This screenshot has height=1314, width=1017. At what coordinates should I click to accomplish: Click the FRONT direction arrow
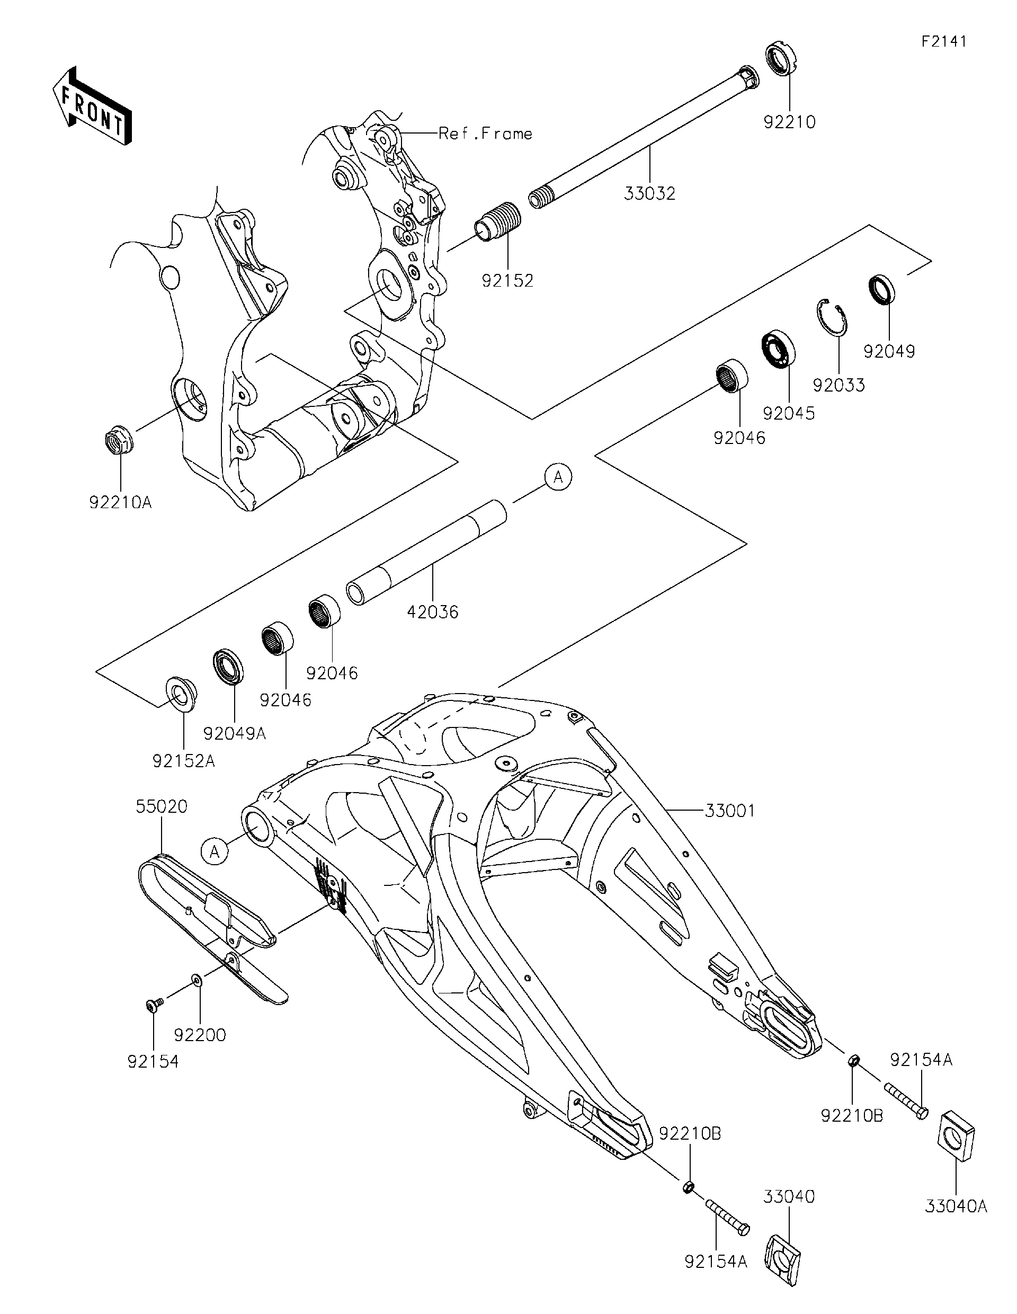point(92,105)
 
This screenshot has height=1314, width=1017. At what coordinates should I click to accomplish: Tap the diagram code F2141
point(943,41)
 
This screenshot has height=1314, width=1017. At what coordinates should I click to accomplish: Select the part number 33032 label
point(649,194)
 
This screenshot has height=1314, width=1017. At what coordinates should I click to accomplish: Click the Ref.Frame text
point(485,134)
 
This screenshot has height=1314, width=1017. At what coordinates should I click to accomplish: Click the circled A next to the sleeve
point(558,477)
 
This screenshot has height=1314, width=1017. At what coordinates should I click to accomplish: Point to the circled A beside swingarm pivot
point(215,851)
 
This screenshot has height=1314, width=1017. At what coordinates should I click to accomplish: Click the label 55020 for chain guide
point(161,806)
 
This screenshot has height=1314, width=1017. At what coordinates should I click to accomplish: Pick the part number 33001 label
point(729,811)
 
